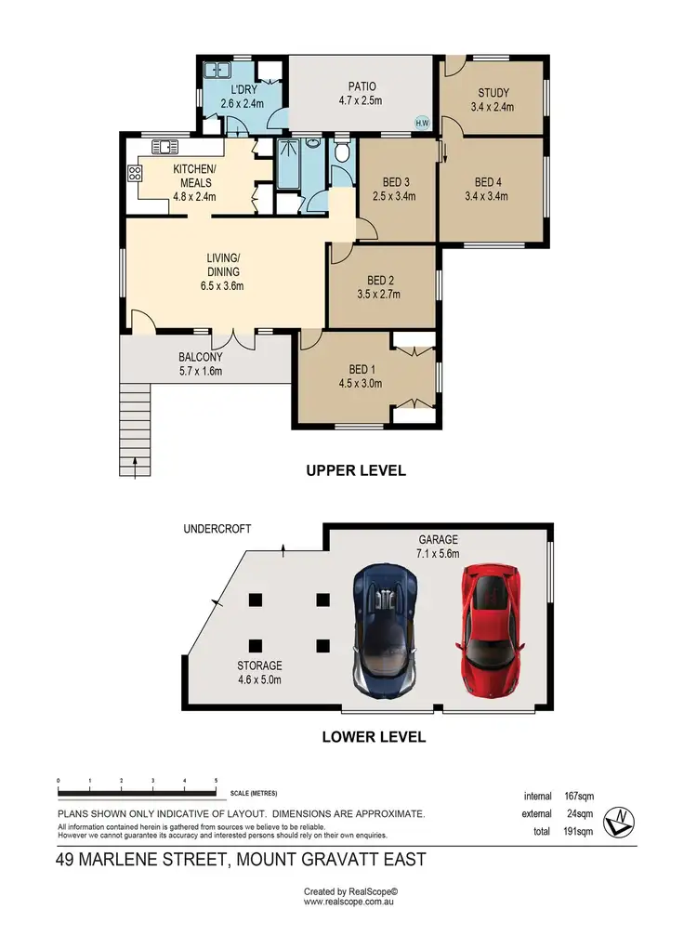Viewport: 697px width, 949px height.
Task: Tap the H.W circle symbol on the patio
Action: pos(422,123)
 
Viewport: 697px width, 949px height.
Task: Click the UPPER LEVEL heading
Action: pos(356,470)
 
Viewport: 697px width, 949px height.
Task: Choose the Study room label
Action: pos(493,93)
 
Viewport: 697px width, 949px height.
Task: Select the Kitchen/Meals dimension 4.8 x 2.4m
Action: pos(194,196)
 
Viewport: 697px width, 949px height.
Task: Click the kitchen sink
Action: pos(165,146)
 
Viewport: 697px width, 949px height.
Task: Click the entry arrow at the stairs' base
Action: pos(136,471)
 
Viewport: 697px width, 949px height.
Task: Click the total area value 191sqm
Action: pos(579,830)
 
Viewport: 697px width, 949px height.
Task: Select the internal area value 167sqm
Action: pos(579,796)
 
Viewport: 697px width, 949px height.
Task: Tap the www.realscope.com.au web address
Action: pos(348,902)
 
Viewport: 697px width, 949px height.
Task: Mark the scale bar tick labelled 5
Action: pos(216,782)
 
